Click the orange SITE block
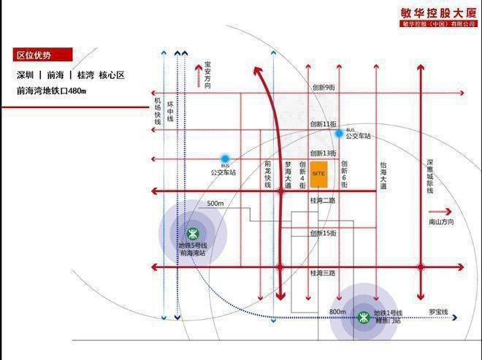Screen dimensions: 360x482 [x=318, y=175]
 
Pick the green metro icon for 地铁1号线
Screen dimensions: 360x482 [x=363, y=317]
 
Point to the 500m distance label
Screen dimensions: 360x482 [x=215, y=203]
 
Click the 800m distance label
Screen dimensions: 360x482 [x=337, y=312]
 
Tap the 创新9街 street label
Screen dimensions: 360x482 [x=323, y=88]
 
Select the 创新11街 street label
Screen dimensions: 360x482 [x=323, y=125]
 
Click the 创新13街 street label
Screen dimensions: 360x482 [x=323, y=153]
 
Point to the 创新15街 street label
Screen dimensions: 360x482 [x=323, y=233]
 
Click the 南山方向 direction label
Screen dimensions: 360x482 [x=441, y=221]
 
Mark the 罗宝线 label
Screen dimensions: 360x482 [x=438, y=312]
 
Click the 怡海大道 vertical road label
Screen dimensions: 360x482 [x=383, y=176]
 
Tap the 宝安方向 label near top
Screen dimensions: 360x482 [x=207, y=75]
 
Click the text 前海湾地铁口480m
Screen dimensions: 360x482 [x=51, y=91]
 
